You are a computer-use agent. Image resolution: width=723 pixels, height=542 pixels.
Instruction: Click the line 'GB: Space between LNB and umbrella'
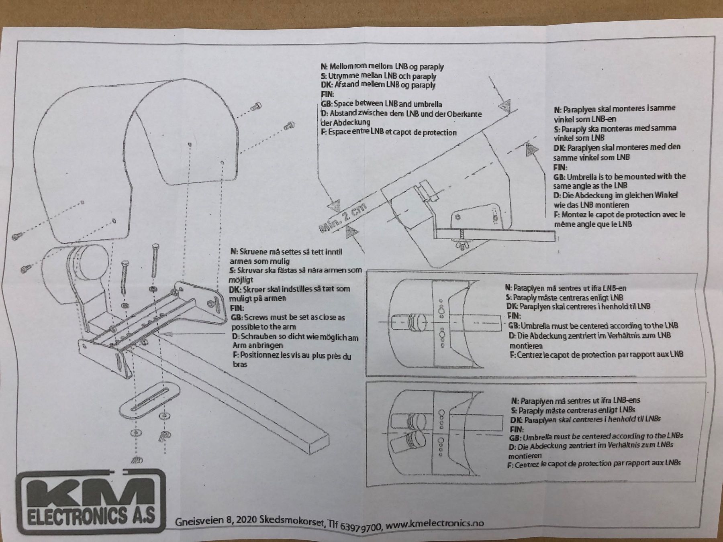[x=381, y=104]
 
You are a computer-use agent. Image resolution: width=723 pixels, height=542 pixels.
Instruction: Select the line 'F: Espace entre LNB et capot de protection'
[x=388, y=132]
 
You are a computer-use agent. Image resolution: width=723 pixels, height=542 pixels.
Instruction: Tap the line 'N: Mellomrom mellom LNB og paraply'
[x=382, y=67]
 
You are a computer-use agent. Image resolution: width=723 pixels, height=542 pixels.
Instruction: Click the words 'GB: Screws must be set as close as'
[x=288, y=318]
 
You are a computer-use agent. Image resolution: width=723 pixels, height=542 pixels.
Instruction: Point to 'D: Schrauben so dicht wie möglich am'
[x=295, y=337]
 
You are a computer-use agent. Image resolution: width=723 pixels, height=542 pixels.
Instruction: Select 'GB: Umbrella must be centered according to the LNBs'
[x=596, y=436]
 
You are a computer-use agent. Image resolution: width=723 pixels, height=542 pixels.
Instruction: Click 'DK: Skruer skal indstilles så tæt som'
[x=290, y=289]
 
